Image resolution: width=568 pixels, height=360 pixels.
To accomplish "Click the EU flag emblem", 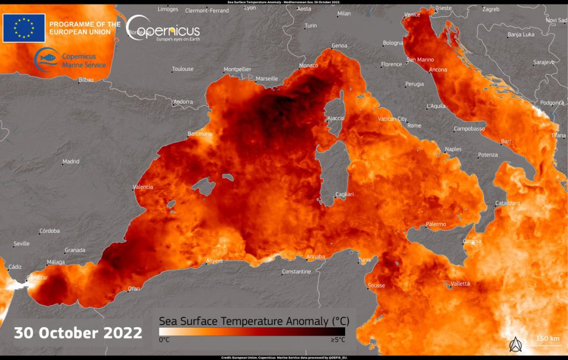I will click(24, 28).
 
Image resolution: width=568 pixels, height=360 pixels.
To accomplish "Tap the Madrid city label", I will click(70, 161).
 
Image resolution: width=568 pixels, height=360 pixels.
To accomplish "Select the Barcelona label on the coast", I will click(200, 134).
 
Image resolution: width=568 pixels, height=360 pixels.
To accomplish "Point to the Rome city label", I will click(414, 126).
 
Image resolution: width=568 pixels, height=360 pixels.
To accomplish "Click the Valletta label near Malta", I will click(460, 283).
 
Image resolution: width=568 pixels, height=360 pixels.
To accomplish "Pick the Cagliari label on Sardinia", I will click(344, 194).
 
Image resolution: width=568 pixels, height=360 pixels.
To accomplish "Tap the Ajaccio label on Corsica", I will click(336, 118).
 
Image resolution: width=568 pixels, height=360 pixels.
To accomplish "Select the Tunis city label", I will click(364, 260).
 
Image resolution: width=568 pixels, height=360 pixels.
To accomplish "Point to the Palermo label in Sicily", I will click(435, 224).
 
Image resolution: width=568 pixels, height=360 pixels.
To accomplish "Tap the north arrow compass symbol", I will click(515, 344).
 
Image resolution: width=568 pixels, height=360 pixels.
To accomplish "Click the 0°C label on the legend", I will click(165, 339).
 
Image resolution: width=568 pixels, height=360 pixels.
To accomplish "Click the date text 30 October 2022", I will click(78, 333).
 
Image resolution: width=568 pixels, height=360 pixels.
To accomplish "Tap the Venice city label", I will click(412, 14).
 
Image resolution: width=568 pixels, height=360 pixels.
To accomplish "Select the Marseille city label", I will click(267, 79).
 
